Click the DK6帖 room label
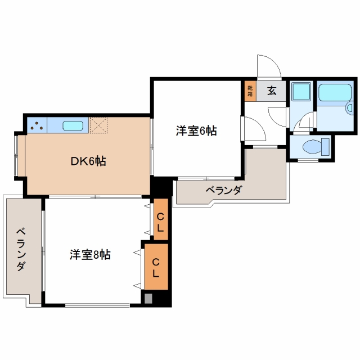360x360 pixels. pos(88,161)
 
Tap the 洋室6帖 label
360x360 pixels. pos(196,131)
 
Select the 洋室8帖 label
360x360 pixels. pos(90,254)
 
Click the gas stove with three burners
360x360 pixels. pos(37,125)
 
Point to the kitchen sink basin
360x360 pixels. pos(73,125)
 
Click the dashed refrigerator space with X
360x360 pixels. pos(98,125)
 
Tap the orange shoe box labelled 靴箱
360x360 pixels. pos(250,91)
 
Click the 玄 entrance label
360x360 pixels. pos(272,91)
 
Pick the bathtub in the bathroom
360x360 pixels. pos(335,92)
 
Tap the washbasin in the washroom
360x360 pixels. pos(301,92)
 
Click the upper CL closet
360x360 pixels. pos(161,219)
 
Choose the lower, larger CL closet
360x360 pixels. pos(156,267)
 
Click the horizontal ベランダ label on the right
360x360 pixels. pos(223,190)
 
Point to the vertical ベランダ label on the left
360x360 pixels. pos(21,249)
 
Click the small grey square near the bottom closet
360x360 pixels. pos(148,299)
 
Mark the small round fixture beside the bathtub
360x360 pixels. pos(349,107)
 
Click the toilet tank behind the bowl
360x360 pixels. pos(325,147)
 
